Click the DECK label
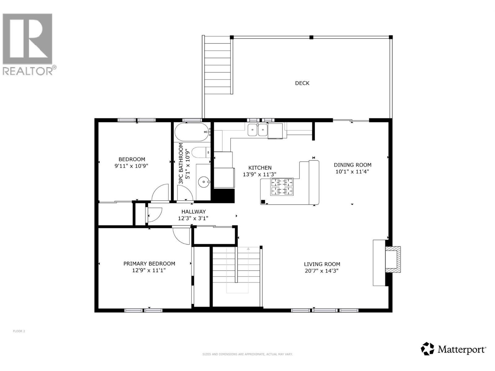click(302, 83)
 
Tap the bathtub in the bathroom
click(192, 132)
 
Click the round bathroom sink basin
click(203, 182)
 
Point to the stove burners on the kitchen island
click(282, 187)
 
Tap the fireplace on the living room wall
click(392, 259)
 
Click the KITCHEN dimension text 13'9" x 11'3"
click(259, 175)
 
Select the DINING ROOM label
click(352, 165)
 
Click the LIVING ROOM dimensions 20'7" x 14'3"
click(322, 271)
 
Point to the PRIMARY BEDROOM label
click(149, 264)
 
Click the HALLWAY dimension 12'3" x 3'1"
click(193, 218)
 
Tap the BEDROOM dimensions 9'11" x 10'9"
click(131, 166)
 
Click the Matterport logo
click(453, 349)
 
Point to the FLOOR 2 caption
click(19, 331)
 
